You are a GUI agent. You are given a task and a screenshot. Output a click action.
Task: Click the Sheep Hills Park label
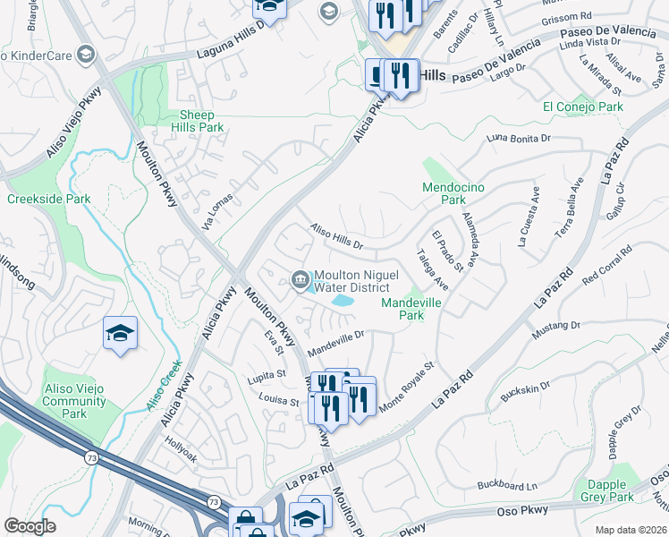tap(201, 121)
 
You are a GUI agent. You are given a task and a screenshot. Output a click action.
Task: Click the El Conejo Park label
tap(582, 107)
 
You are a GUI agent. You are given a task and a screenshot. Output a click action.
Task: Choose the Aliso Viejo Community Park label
tap(75, 400)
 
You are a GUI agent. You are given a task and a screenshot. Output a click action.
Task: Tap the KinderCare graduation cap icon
tap(85, 55)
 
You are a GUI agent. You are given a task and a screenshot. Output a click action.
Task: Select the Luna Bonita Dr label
tap(519, 139)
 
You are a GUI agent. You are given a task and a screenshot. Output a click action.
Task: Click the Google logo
tap(30, 526)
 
